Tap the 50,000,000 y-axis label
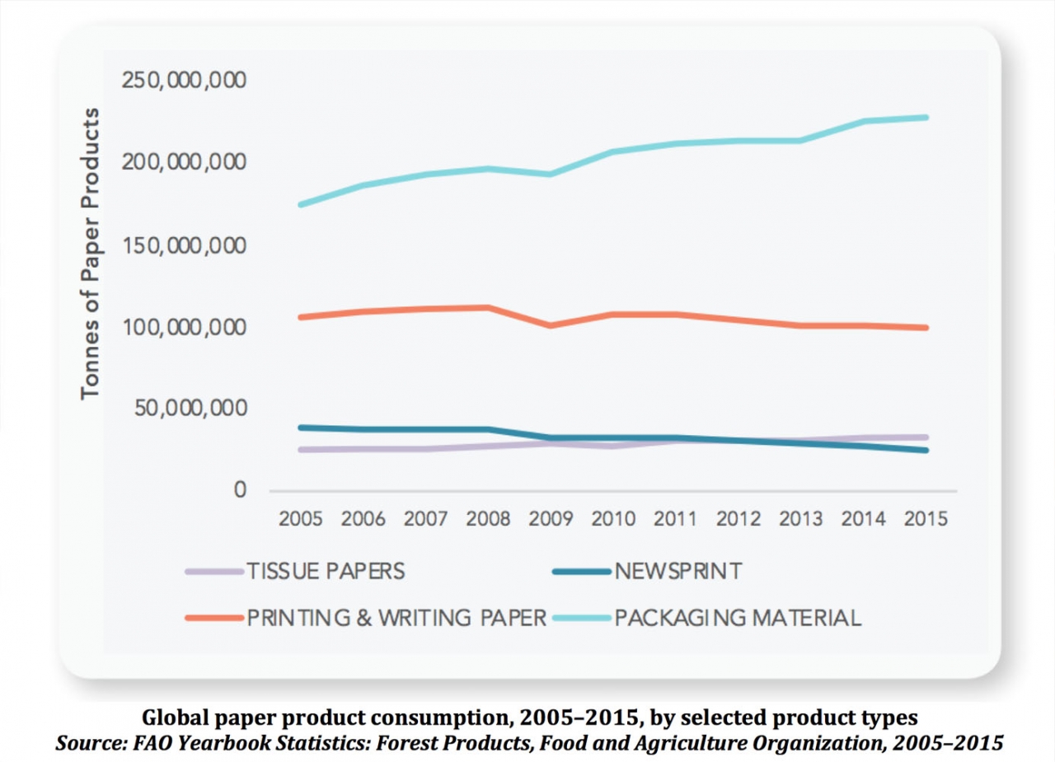[x=189, y=409]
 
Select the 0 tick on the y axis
[x=240, y=490]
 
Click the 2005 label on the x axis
[x=301, y=520]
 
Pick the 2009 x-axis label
[x=551, y=520]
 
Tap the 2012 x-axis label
[x=738, y=520]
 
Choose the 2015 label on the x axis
[x=926, y=520]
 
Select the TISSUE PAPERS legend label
[x=326, y=571]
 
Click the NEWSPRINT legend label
[x=678, y=571]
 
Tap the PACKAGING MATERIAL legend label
[x=738, y=618]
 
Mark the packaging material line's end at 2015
[x=926, y=117]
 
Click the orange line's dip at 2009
[x=551, y=325]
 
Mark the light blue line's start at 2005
[x=301, y=204]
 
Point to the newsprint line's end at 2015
[x=926, y=450]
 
